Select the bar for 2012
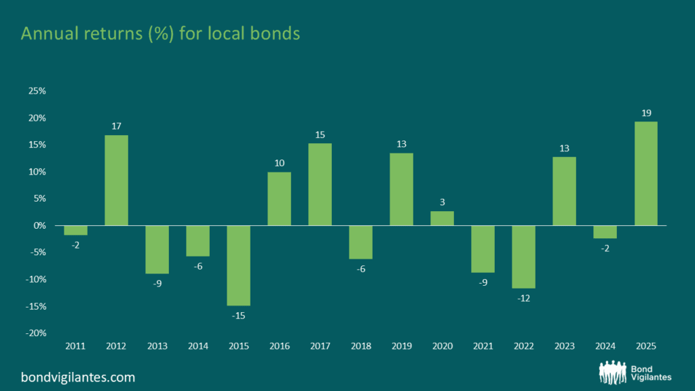pos(116,180)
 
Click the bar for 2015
pos(238,265)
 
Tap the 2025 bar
pos(645,173)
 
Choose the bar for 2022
pos(523,257)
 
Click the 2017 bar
pos(320,184)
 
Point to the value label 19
pos(645,113)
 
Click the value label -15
pos(238,316)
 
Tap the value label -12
pos(523,299)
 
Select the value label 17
pos(116,126)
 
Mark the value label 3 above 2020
pos(442,202)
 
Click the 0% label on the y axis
pos(39,225)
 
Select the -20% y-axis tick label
pos(35,333)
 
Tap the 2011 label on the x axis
pos(75,346)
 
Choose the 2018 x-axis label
pos(360,346)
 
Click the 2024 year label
pos(605,346)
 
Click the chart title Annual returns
pos(160,34)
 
